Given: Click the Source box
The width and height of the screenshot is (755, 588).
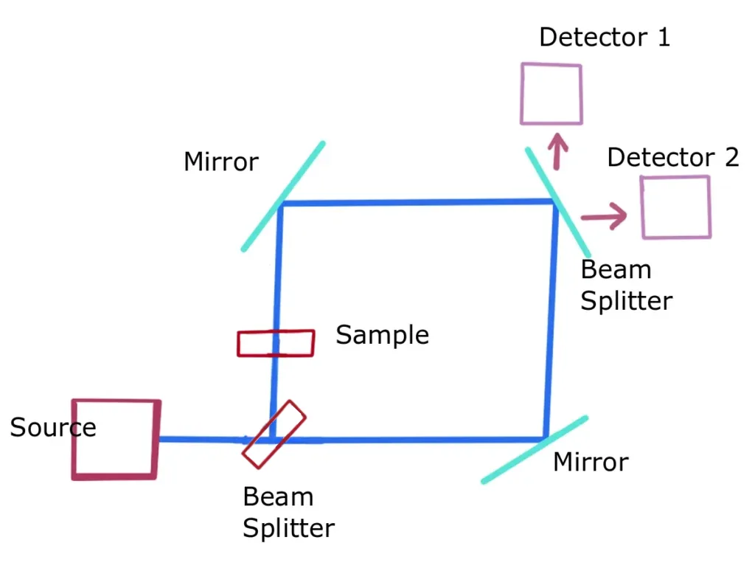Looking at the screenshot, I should coord(116,439).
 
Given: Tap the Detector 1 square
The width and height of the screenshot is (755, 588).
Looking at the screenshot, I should coord(552,94).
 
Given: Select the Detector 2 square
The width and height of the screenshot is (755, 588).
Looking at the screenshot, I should coord(676,207).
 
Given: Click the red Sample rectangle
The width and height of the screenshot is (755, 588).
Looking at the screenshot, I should coord(276,343).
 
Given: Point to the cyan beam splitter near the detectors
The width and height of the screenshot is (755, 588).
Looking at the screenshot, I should coord(558,199).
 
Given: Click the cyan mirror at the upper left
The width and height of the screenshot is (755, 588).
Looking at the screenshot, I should coord(283,196).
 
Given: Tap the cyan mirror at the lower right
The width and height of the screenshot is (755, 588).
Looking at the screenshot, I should coord(535,449).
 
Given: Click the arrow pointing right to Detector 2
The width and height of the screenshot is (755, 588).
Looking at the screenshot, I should coord(603,215).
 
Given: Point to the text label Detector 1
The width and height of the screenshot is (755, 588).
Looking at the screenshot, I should coord(605,37).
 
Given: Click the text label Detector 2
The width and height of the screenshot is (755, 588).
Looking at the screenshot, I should coord(672,157).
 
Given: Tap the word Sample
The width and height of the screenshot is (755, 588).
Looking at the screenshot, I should coord(382,335).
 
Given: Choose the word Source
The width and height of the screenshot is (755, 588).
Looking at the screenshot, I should coord(53,427).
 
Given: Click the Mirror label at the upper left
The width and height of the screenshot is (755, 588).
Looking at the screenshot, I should coord(221,162).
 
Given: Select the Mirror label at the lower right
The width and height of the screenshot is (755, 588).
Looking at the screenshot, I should coord(591,463).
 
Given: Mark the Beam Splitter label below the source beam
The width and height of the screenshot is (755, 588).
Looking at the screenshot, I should coord(288,513).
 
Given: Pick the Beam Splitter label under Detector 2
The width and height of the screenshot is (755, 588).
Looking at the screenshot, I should coord(626,286).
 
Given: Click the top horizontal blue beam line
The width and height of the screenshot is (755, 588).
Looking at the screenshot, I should coord(417,202).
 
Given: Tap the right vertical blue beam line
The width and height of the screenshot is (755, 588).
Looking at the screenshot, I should coord(550,317).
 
